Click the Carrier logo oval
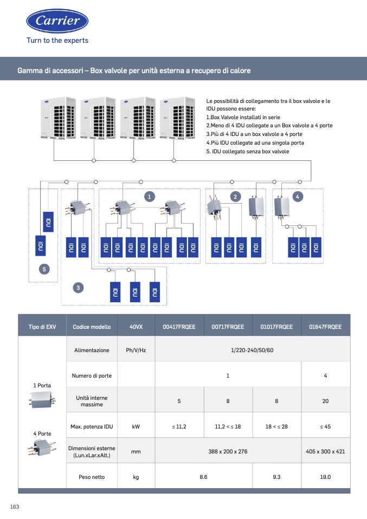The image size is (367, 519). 57,21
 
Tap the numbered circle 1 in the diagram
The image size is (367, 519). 150,197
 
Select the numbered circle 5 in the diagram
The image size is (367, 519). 44,269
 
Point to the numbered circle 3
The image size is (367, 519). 78,288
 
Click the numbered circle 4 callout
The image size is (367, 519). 298,197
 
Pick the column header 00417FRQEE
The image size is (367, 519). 179,327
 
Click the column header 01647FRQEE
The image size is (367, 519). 325,327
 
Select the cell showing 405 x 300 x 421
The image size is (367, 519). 325,451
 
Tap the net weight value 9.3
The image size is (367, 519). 276,477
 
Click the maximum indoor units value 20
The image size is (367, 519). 325,401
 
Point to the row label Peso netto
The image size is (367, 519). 92,477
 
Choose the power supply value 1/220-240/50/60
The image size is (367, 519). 252,350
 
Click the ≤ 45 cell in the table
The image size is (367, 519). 325,426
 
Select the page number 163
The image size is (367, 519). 15,507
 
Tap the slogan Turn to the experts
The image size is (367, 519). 57,41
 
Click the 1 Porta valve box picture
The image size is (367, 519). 42,399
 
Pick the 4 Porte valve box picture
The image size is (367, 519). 42,447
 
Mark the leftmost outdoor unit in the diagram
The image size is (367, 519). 59,118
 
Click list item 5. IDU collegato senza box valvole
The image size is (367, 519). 247,151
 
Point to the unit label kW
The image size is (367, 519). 136,426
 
